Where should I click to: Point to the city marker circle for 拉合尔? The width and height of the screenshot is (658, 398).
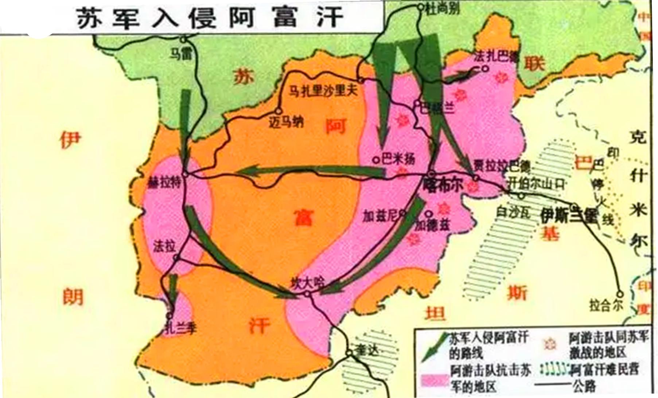pyautogui.click(x=620, y=293)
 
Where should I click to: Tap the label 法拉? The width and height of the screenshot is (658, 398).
pyautogui.click(x=164, y=246)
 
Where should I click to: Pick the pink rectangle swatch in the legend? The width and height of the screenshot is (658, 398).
pyautogui.click(x=434, y=381)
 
